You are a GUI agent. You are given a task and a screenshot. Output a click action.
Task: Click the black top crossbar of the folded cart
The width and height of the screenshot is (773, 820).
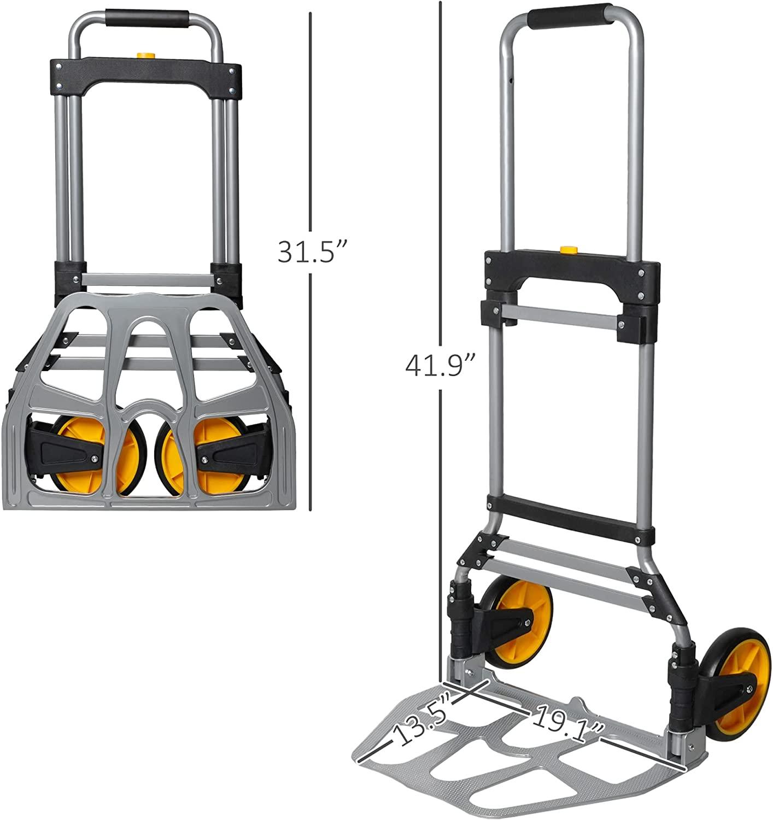coord(144,75)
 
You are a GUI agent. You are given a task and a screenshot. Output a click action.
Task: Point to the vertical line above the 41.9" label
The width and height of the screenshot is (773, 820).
coord(440,164)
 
